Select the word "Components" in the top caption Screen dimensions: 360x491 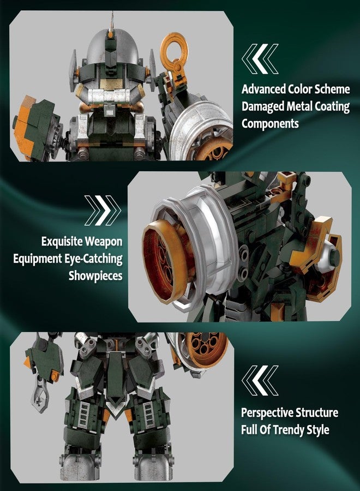click(270, 123)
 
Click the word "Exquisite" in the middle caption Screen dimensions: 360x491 click(62, 242)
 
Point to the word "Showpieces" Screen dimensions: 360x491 click(95, 276)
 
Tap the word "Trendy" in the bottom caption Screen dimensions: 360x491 click(289, 430)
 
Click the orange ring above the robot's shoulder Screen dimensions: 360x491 click(175, 53)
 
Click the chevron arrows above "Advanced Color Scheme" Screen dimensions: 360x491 click(260, 59)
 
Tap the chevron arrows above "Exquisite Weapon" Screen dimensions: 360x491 click(103, 211)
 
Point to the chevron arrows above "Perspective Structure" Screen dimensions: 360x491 click(260, 380)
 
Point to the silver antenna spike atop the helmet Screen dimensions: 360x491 click(111, 21)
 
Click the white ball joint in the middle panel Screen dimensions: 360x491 click(325, 255)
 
